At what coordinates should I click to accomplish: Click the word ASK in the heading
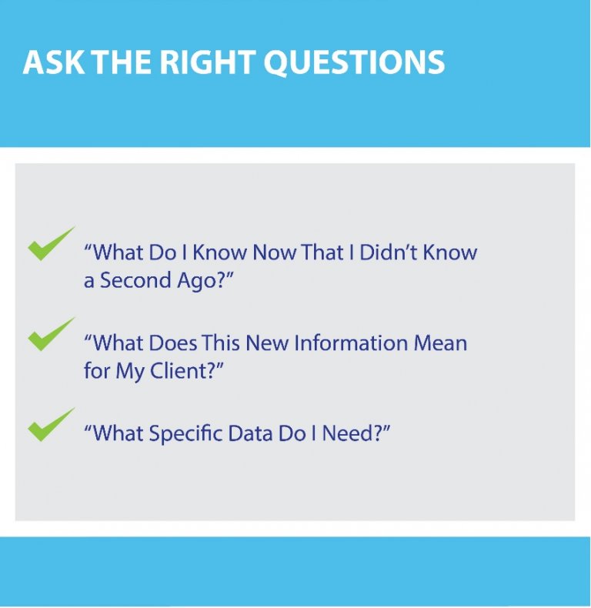pos(54,62)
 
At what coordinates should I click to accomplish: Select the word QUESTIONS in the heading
pos(354,62)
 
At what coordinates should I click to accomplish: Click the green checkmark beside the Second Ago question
pos(52,243)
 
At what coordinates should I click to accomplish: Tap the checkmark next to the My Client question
pos(52,334)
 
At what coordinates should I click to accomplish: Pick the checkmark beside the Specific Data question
pos(52,424)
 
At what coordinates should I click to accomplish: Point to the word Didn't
pos(389,252)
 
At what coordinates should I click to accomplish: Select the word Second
pos(135,280)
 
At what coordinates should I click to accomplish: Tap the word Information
pos(351,342)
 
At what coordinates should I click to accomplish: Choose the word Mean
pos(440,342)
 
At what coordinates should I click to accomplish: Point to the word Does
pos(173,342)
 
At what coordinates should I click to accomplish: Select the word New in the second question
pos(267,342)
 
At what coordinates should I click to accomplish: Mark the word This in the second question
pos(220,342)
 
